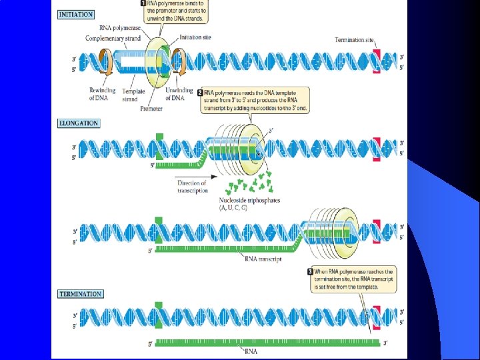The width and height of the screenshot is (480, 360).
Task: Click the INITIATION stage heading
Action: click(76, 14)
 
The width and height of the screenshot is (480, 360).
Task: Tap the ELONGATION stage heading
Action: click(79, 123)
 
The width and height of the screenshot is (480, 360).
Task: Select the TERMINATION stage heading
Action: click(81, 293)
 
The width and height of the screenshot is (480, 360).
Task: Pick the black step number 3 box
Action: click(309, 272)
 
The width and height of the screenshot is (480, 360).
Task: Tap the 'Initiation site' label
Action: click(196, 37)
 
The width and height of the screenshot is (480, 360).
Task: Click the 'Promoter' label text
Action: click(152, 109)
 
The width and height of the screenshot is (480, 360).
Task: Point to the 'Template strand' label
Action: click(129, 95)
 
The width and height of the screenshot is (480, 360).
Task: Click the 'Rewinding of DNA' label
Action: click(102, 94)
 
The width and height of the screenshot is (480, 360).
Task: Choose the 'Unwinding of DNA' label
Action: click(178, 94)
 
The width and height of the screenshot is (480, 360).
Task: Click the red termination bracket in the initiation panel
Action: click(377, 62)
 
